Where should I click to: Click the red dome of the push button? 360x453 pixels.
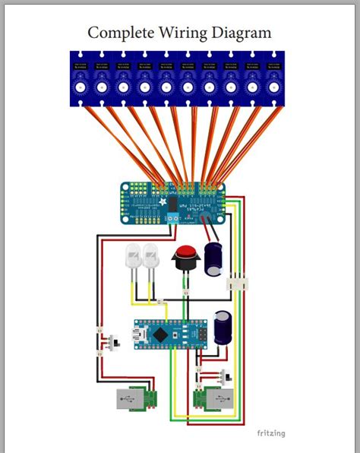(184, 253)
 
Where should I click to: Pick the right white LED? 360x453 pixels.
(150, 257)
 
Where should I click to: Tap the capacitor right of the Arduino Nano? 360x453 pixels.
(223, 328)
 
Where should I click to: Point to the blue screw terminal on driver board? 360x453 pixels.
(173, 217)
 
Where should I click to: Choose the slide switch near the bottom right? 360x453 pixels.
(224, 377)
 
